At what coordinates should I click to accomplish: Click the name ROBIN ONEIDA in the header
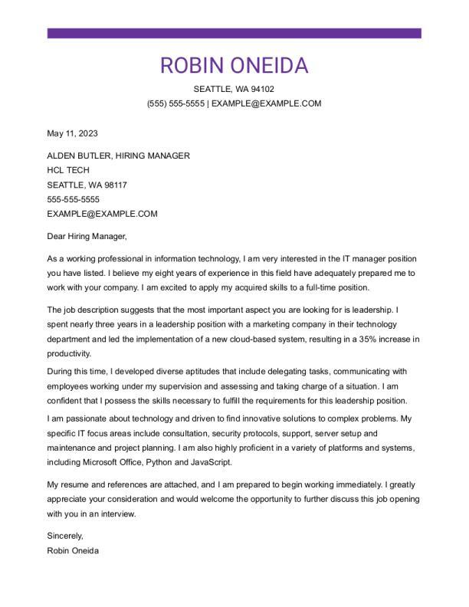point(234,65)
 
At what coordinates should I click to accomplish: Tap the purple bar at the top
point(234,33)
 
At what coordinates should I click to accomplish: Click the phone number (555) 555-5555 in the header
point(175,103)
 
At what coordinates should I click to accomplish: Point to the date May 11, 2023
point(72,133)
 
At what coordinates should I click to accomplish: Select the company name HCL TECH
point(68,170)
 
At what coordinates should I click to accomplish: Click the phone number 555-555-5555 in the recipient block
point(73,199)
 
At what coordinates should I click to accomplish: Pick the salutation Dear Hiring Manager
point(86,236)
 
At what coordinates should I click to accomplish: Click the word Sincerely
point(64,536)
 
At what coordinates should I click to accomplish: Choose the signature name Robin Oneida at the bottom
point(73,550)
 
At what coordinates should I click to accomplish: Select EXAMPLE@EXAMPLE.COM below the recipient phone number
point(102,214)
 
